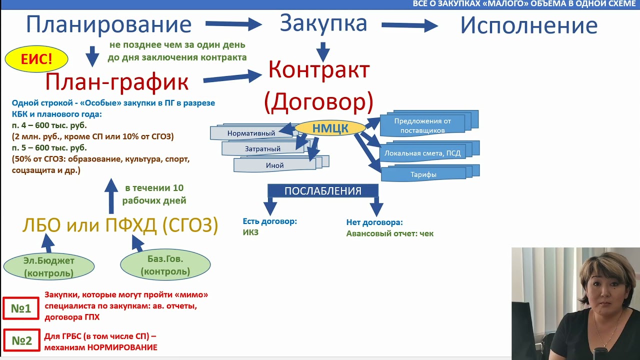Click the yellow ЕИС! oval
tap(36, 60)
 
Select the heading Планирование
tap(108, 24)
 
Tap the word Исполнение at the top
tap(528, 25)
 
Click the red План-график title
tap(117, 82)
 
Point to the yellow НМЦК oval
tap(330, 128)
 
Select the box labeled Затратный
tap(262, 149)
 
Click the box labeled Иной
tap(274, 165)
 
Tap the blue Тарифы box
tap(423, 174)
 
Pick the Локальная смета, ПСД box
tap(422, 153)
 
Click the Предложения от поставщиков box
tap(422, 125)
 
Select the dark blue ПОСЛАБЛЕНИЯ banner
tap(322, 191)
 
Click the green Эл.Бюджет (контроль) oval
tap(48, 267)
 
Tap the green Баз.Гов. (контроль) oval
tap(165, 265)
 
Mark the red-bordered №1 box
tap(21, 308)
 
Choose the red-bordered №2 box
tap(21, 340)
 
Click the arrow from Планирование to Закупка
tap(233, 23)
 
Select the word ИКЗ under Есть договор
tap(250, 232)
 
